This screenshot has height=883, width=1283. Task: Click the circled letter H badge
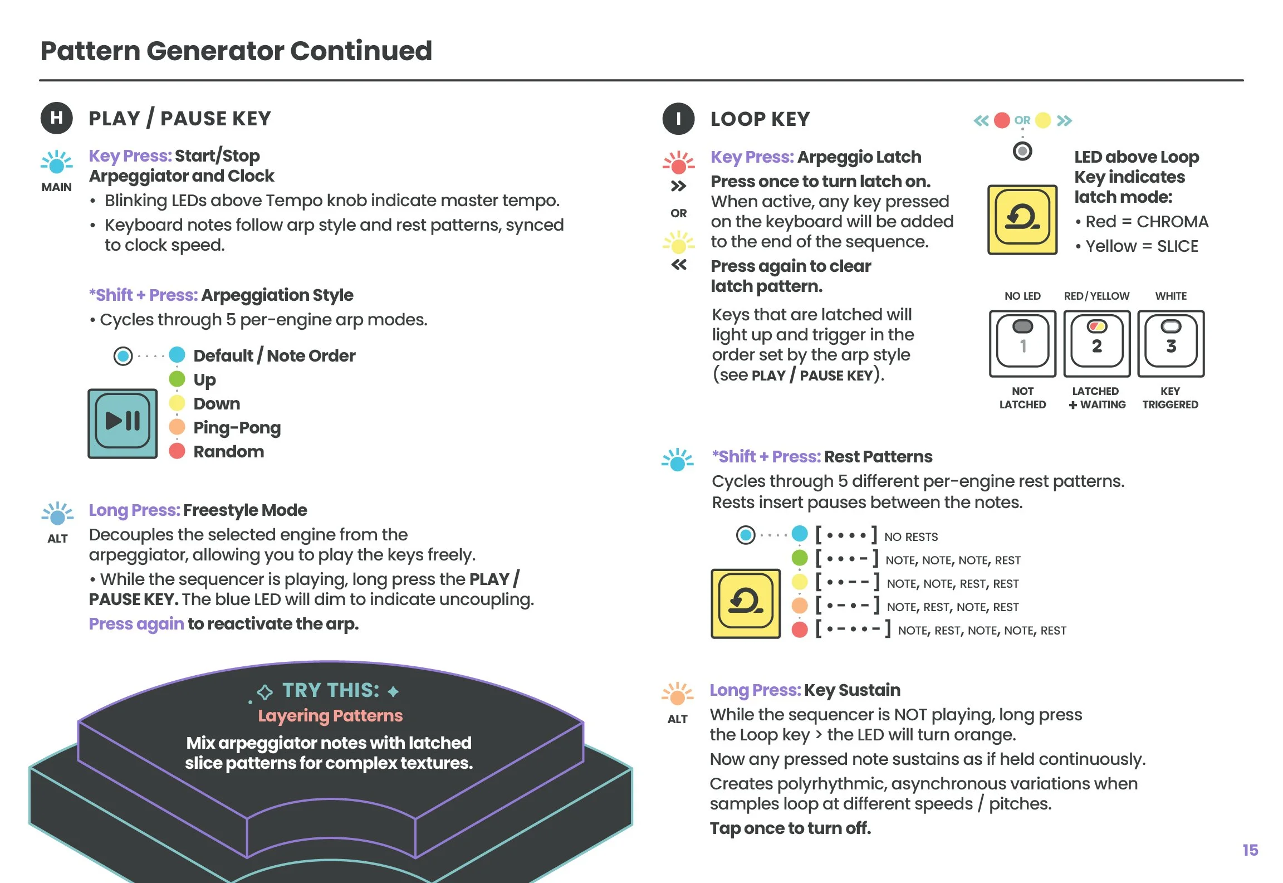[x=56, y=118]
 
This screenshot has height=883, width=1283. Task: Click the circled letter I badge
[x=678, y=119]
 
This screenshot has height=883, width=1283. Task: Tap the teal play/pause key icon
[x=123, y=423]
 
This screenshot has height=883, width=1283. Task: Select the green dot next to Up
[x=177, y=379]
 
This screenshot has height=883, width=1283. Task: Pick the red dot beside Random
[x=177, y=451]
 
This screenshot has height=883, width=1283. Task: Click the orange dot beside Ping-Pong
[x=177, y=427]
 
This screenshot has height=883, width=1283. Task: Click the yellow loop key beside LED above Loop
[x=1022, y=219]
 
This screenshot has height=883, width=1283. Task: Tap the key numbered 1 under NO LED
[x=1022, y=344]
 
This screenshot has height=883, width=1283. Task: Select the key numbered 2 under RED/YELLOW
[x=1096, y=344]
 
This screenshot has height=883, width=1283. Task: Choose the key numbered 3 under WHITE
[x=1171, y=344]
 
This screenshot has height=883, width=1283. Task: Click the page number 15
[x=1250, y=850]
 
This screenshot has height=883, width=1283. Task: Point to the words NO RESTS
[x=911, y=536]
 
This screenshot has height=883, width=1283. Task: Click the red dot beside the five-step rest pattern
[x=800, y=630]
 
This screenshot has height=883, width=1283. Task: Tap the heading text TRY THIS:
[x=330, y=690]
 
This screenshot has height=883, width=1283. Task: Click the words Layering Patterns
[x=330, y=715]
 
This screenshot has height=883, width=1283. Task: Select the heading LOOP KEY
[x=760, y=119]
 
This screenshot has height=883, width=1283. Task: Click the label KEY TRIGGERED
[x=1170, y=398]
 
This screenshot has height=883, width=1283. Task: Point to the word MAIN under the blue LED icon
[x=56, y=187]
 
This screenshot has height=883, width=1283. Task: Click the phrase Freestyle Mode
[x=245, y=510]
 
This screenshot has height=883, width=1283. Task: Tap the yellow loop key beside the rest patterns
[x=746, y=603]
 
